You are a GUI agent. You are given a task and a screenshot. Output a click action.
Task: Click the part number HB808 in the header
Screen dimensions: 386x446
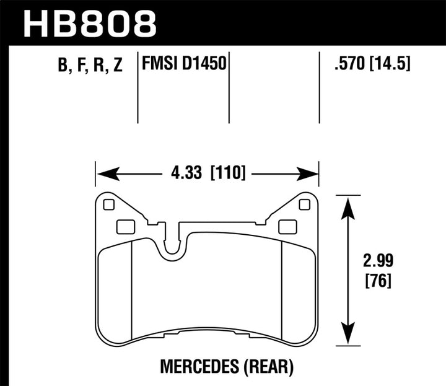click(90, 23)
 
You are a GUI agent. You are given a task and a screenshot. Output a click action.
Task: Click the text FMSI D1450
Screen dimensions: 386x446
click(184, 64)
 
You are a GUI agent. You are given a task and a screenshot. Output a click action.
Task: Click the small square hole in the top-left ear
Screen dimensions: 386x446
click(108, 205)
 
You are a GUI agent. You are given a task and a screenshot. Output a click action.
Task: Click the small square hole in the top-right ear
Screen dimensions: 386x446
click(304, 205)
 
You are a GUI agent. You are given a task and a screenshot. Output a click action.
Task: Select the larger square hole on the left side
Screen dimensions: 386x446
click(126, 227)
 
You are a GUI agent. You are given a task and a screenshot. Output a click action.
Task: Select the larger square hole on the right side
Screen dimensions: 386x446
click(287, 227)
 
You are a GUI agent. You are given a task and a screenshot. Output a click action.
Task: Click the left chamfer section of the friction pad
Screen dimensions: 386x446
click(116, 288)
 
